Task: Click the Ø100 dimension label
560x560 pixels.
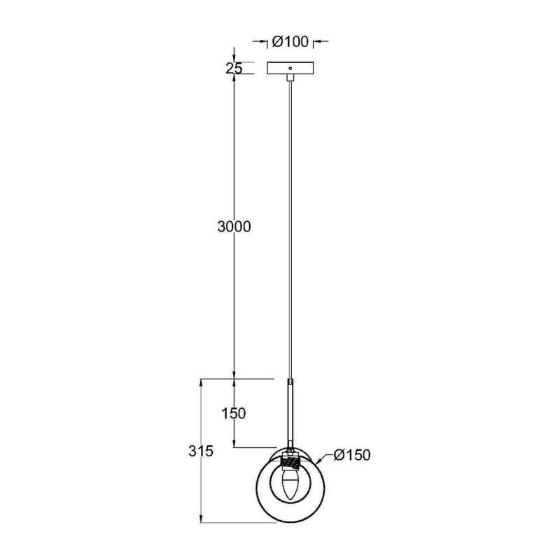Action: click(x=290, y=42)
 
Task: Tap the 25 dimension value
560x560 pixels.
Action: click(x=234, y=68)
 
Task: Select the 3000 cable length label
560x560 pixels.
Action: click(x=234, y=226)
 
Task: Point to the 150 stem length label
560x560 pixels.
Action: click(x=234, y=413)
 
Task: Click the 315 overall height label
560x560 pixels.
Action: click(x=201, y=451)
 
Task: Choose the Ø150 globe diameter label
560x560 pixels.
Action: click(x=352, y=454)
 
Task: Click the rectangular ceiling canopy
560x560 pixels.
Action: click(x=290, y=68)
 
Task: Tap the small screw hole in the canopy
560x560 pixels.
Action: click(x=290, y=68)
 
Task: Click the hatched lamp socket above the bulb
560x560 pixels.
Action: click(x=290, y=463)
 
